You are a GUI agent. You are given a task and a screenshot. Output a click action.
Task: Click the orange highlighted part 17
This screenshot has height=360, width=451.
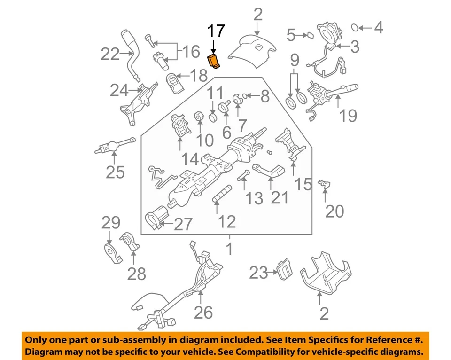coord(214,61)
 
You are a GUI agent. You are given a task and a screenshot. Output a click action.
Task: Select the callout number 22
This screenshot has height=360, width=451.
coord(110,55)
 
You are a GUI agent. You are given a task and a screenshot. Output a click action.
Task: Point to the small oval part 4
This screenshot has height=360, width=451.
coord(356,27)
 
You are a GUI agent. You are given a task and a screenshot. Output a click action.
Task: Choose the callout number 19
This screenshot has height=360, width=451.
coord(348,115)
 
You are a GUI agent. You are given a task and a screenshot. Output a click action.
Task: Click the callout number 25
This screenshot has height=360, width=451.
coord(115,172)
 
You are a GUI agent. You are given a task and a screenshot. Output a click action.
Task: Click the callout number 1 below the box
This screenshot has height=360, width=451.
coord(229,249)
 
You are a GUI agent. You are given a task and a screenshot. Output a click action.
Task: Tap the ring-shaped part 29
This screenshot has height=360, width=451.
coord(112,252)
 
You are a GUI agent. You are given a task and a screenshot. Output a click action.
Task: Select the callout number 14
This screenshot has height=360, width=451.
coord(190,159)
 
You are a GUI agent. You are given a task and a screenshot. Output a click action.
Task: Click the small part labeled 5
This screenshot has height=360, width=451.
coord(310,34)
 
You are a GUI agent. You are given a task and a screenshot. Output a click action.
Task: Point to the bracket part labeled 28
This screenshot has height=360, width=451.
coord(131,242)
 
